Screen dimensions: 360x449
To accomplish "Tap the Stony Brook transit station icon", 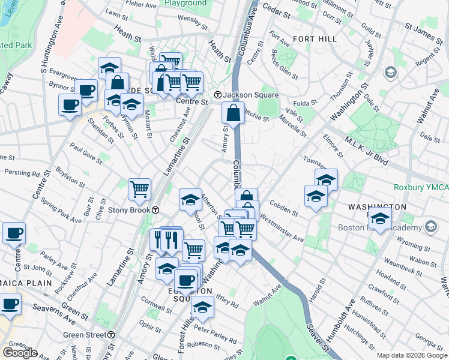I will (x=155, y=211).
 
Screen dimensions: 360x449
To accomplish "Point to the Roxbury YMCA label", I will (x=421, y=187).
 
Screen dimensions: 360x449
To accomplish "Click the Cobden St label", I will (x=283, y=208).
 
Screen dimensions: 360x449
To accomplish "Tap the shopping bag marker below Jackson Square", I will (x=233, y=112).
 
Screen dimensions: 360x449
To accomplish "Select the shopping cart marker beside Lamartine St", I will (x=139, y=189).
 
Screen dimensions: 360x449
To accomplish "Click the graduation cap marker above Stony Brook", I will (x=190, y=199).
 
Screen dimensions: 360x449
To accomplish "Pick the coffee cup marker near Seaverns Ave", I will (x=10, y=304).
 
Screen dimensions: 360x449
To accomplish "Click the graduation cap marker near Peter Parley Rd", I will (x=203, y=307).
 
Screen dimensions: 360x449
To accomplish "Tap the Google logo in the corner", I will (x=20, y=353).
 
